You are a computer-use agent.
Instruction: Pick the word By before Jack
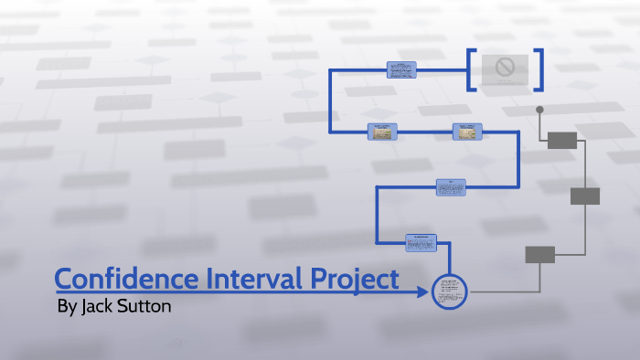pos(67,306)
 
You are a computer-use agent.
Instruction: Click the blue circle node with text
pos(449,291)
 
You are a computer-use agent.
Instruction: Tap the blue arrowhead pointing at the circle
pos(423,292)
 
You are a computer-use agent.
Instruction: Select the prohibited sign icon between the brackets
pos(504,67)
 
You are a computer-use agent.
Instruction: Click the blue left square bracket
pos(470,69)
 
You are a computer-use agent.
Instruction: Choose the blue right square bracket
pos(539,69)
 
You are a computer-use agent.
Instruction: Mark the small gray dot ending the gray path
pos(539,110)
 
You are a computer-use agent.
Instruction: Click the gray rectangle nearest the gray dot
pos(562,140)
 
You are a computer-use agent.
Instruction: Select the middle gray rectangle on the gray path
pos(585,196)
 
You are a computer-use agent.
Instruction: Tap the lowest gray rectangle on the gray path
pos(539,254)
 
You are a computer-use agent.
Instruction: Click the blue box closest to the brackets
pos(401,70)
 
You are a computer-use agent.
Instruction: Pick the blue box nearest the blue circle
pos(421,242)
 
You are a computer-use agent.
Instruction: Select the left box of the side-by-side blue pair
pos(382,132)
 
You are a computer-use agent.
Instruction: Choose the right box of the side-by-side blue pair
pos(466,132)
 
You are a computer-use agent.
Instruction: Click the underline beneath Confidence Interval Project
pos(229,291)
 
